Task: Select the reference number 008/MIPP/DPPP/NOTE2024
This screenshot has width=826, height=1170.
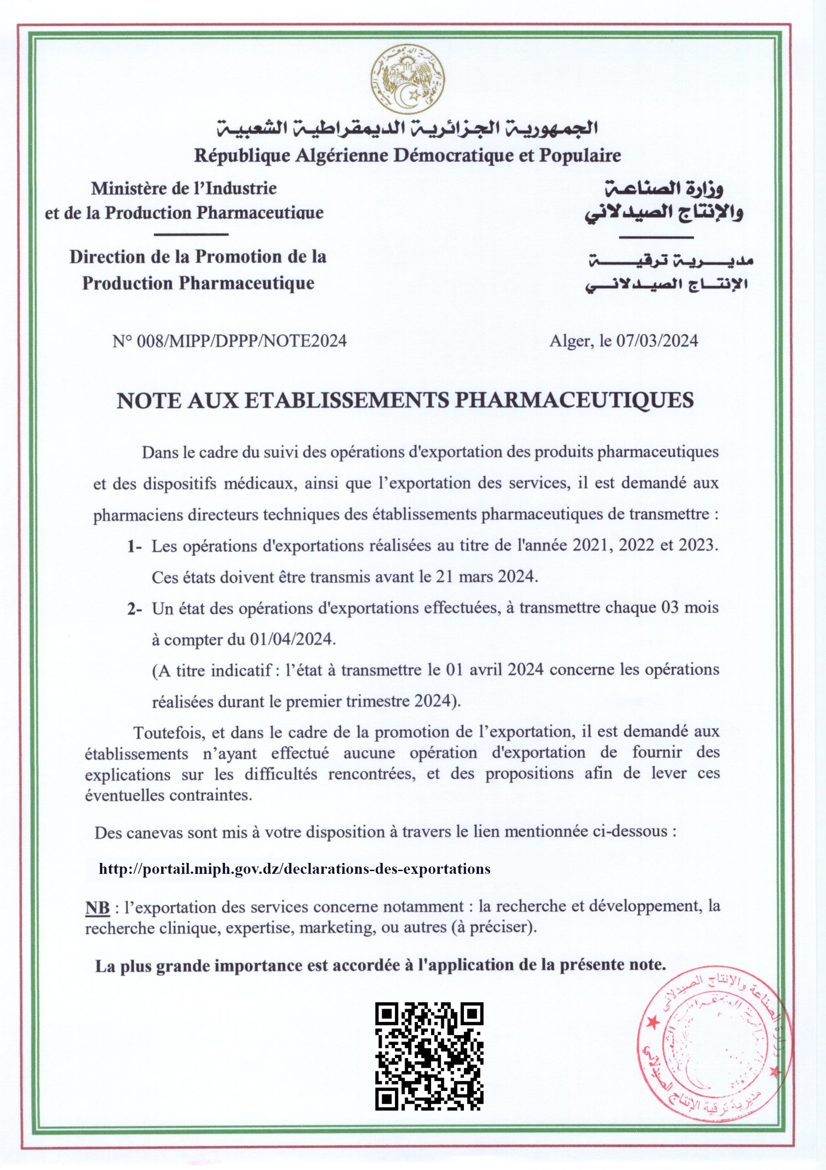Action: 242,341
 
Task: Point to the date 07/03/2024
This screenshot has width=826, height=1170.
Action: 657,341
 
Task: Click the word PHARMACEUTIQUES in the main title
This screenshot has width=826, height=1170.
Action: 573,400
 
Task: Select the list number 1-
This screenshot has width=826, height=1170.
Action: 134,547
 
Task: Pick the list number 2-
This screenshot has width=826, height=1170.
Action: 134,609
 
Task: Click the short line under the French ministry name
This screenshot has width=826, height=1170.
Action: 190,235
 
